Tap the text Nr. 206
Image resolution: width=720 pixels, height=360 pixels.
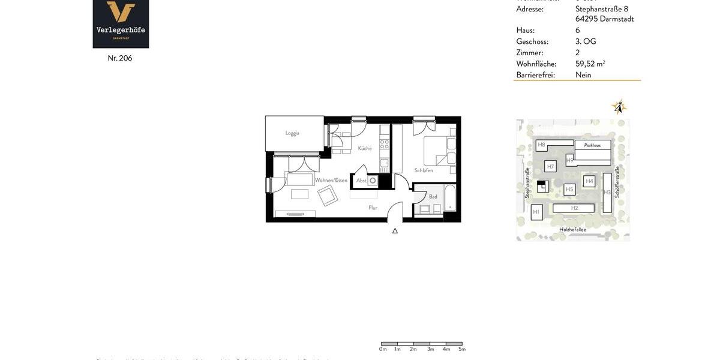click(x=120, y=58)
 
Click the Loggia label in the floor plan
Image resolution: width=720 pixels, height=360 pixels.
click(x=292, y=133)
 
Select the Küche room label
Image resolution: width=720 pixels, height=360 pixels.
click(x=365, y=148)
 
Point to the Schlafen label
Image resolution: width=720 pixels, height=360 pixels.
click(x=424, y=170)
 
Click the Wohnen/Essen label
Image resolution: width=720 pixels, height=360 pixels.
click(x=331, y=180)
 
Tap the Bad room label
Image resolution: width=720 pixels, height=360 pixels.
click(x=433, y=196)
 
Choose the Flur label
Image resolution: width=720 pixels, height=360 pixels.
click(x=373, y=208)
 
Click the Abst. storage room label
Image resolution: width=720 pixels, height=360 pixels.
click(x=361, y=181)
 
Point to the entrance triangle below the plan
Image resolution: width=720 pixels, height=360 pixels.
click(x=395, y=230)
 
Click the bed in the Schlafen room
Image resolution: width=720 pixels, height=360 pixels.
click(x=439, y=151)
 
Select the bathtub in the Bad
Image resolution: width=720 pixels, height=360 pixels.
click(x=450, y=198)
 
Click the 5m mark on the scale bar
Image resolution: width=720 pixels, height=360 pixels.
click(x=462, y=349)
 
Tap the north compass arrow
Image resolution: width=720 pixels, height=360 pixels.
click(x=619, y=107)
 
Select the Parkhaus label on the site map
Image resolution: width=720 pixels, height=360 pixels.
click(x=592, y=145)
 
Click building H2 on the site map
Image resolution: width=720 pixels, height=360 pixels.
click(x=574, y=208)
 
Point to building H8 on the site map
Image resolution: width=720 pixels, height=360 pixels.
click(x=541, y=145)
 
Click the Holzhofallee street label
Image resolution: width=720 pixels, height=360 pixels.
click(x=572, y=229)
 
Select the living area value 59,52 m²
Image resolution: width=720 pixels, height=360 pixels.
click(x=590, y=64)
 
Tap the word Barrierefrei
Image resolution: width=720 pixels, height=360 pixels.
click(x=535, y=75)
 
